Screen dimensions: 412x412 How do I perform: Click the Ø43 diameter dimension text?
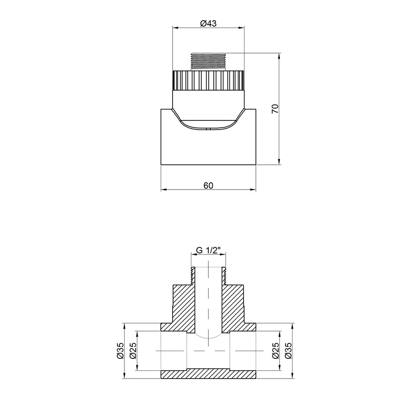208,24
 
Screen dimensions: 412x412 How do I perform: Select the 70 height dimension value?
275,108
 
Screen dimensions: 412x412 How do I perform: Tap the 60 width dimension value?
208,185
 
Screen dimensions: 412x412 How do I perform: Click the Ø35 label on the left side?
120,350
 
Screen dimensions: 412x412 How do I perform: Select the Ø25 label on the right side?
276,350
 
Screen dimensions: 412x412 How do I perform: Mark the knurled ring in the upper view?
208,80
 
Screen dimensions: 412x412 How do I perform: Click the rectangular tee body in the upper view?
208,146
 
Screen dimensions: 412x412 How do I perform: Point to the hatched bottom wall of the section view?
208,374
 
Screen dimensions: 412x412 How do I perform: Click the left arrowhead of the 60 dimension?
163,190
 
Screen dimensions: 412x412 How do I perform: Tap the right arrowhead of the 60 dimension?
254,190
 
